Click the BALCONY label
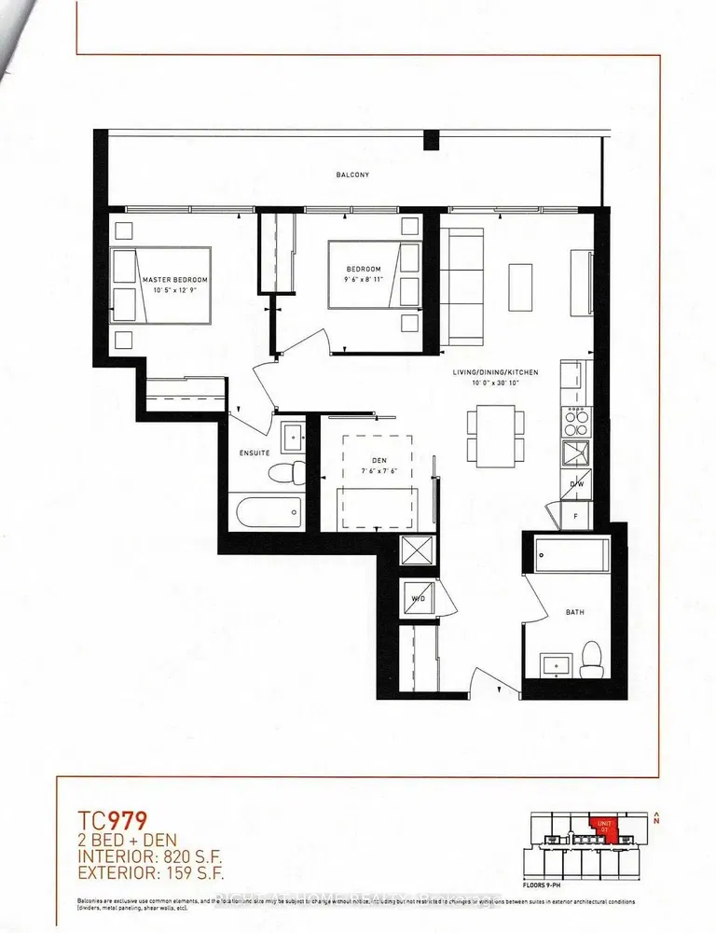[x=353, y=174]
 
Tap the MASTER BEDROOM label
[x=174, y=279]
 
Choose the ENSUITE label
[x=255, y=453]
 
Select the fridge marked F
[x=575, y=514]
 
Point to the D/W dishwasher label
[x=577, y=483]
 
